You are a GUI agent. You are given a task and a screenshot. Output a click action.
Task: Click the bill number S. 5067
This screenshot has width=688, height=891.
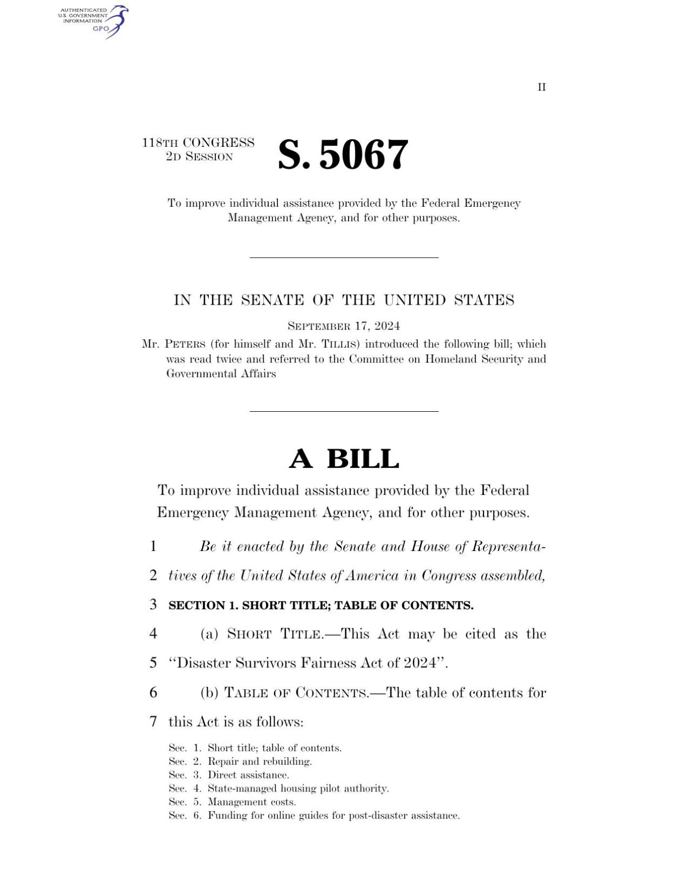point(343,154)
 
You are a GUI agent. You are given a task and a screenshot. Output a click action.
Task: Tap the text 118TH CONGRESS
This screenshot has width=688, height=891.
point(198,143)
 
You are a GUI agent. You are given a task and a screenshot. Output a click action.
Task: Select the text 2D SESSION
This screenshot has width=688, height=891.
point(199,157)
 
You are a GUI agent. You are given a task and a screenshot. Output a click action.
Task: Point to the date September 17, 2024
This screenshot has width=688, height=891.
point(344,326)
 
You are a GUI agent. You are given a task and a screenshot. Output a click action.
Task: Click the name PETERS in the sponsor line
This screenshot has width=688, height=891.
point(185,344)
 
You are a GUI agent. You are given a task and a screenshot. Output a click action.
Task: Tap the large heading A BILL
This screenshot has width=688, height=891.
point(344,459)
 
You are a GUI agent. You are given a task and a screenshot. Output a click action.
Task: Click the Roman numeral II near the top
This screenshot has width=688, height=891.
point(541,88)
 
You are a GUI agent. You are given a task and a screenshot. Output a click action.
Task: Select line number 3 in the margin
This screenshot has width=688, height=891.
point(153,604)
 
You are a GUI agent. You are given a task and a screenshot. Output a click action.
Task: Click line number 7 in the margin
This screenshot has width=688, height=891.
point(153,722)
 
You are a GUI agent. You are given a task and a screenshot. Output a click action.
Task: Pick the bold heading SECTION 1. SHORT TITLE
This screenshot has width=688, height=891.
point(321,605)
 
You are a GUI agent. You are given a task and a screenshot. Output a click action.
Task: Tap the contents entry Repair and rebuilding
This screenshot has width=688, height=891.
point(259,762)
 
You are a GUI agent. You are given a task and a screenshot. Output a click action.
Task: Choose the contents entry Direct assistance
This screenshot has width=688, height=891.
point(248,775)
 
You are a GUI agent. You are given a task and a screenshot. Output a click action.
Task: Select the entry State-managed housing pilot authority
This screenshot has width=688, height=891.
point(298,789)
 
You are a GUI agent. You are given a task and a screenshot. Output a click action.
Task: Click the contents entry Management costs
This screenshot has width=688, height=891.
point(251,802)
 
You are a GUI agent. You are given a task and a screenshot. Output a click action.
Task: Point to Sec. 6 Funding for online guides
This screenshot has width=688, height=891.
point(314,816)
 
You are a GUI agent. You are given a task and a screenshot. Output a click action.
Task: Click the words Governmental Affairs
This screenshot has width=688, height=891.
point(221,374)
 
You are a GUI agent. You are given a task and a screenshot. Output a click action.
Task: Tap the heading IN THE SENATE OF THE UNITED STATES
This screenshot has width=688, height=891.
point(344,300)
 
